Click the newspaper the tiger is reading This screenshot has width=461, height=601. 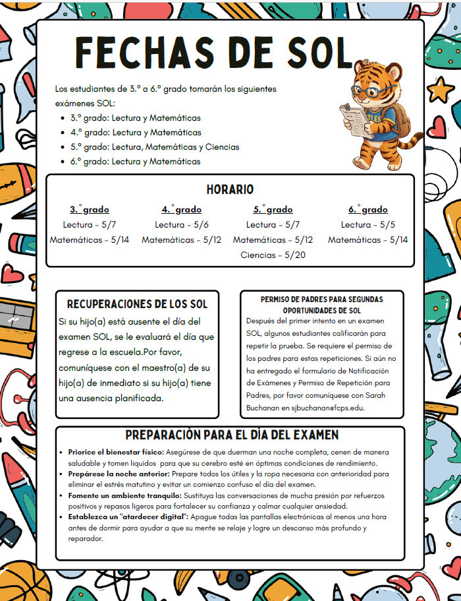click(x=356, y=118)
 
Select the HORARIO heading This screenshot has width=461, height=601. click(x=230, y=189)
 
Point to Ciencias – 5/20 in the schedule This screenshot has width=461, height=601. click(x=273, y=255)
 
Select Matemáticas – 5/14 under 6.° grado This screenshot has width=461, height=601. click(x=367, y=240)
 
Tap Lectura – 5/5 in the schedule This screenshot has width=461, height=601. click(x=367, y=225)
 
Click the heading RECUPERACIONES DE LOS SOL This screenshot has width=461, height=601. click(x=137, y=304)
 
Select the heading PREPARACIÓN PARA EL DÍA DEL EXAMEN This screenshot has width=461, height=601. click(x=232, y=435)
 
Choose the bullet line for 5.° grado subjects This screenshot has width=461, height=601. click(x=155, y=146)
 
